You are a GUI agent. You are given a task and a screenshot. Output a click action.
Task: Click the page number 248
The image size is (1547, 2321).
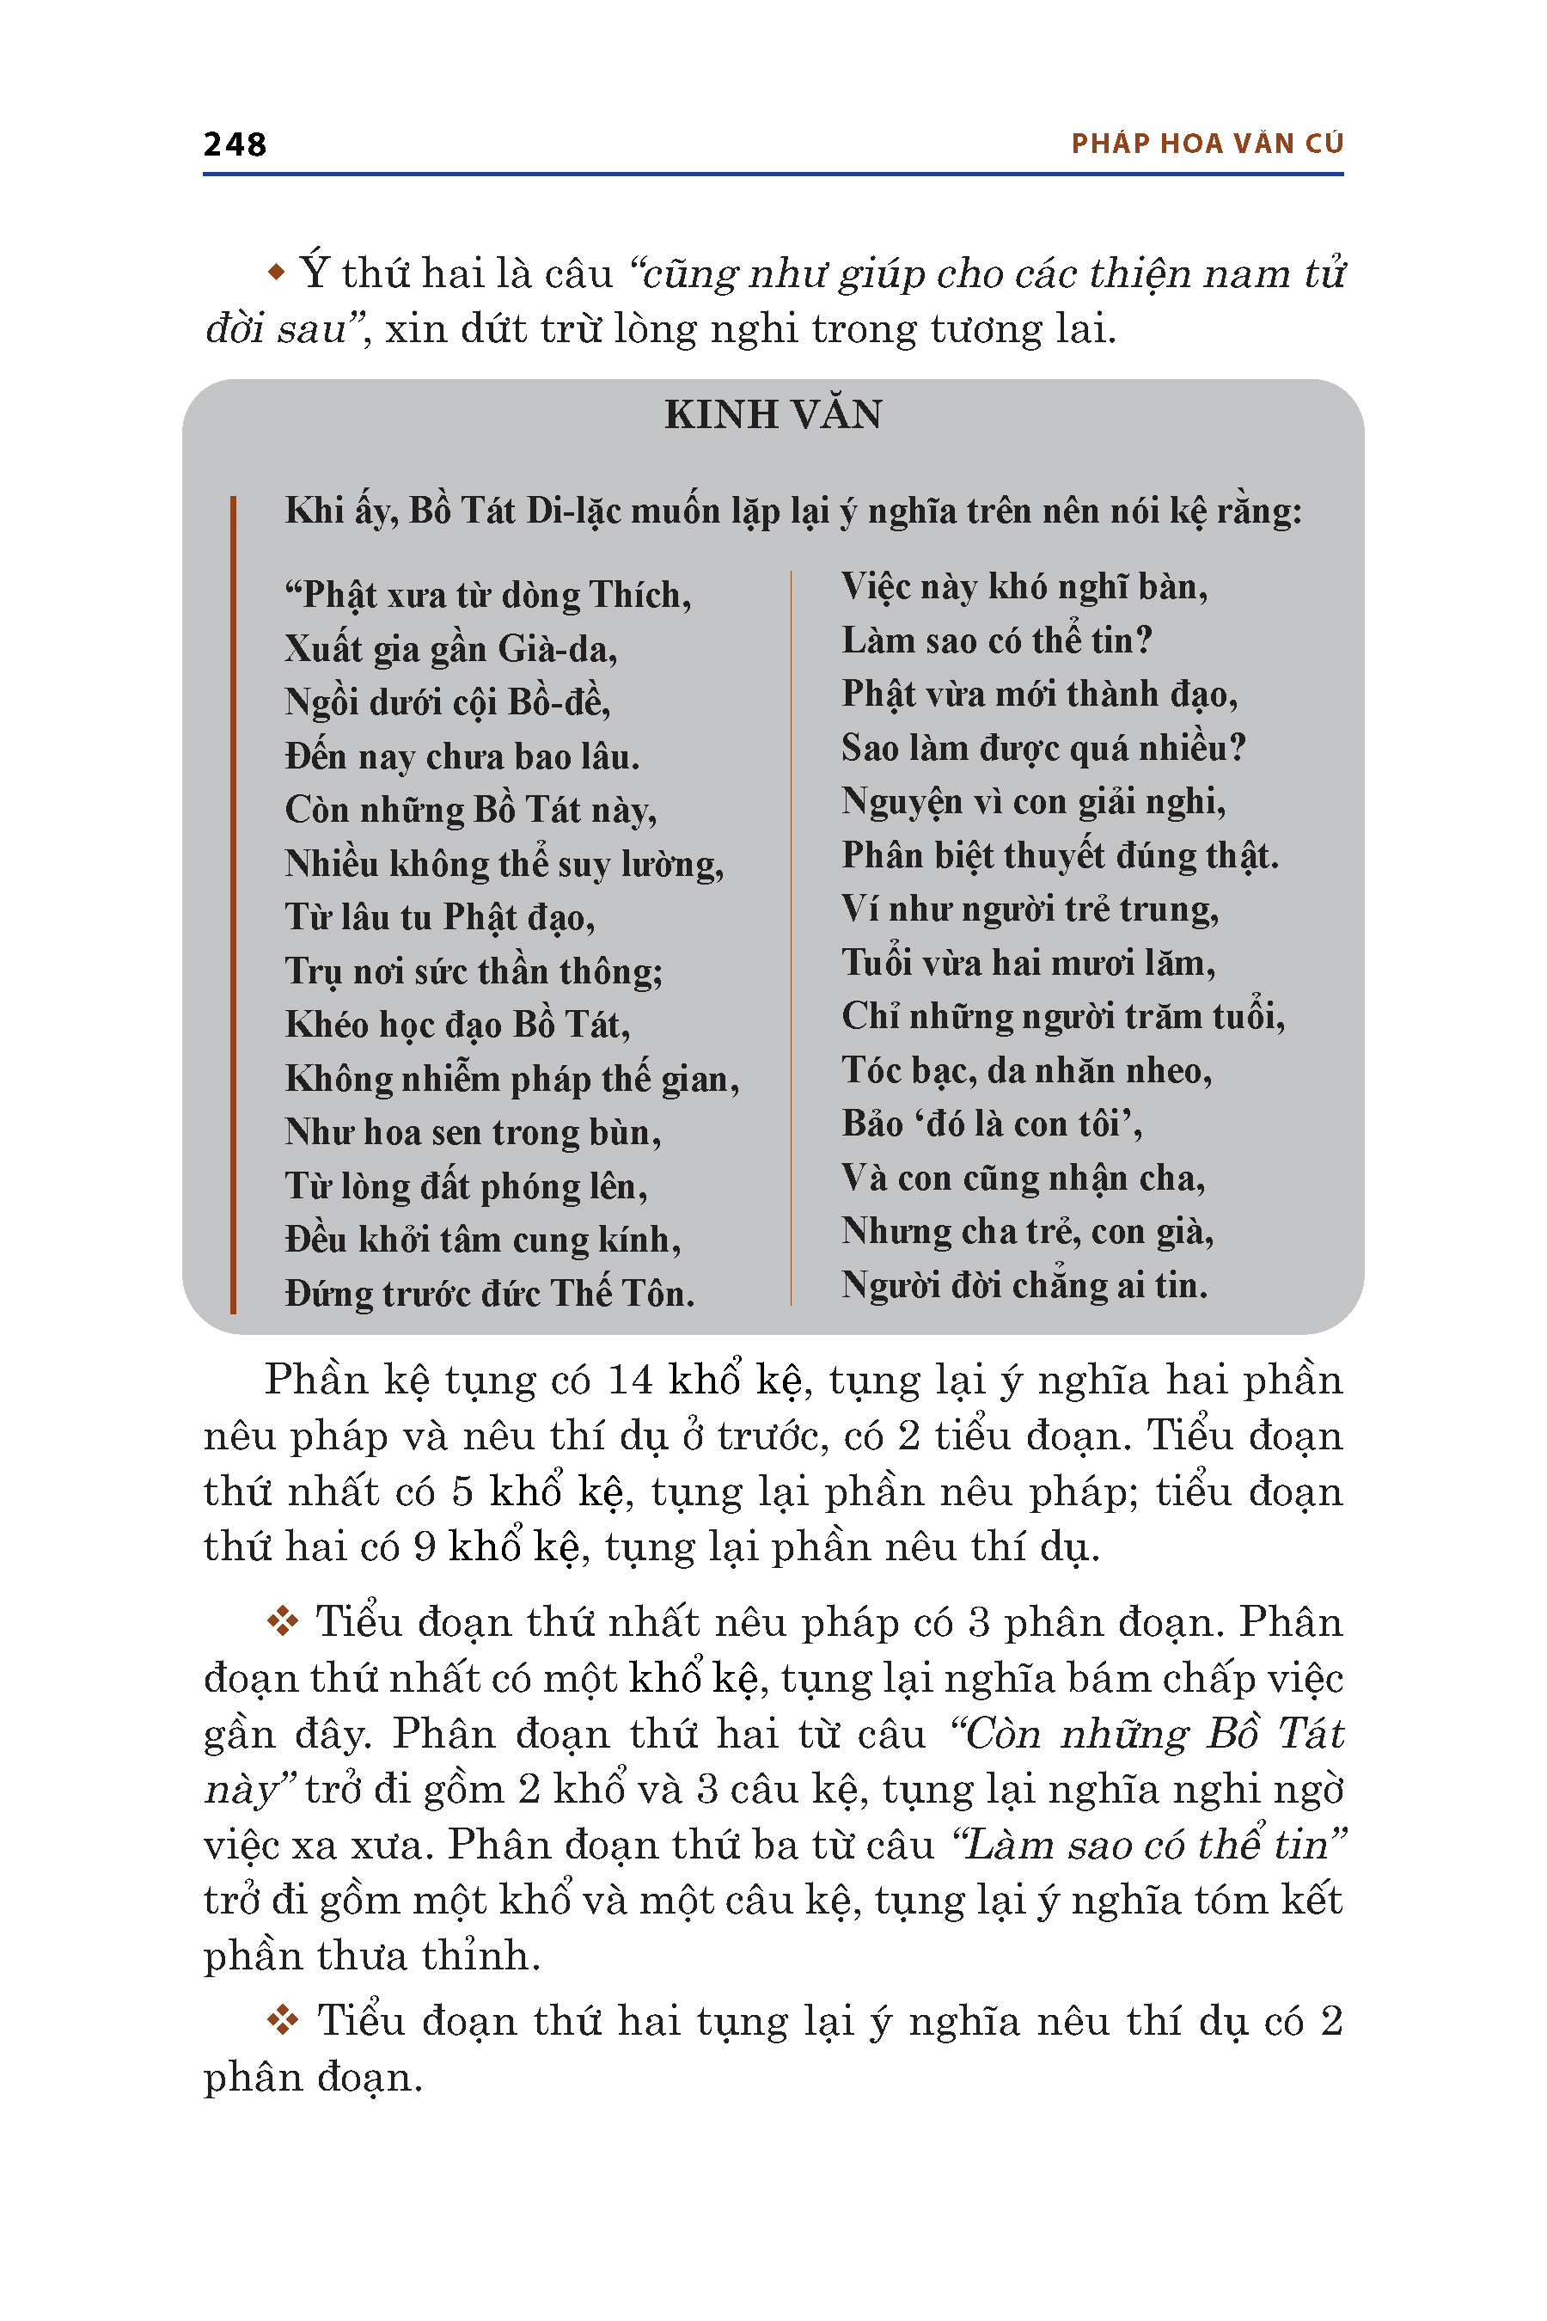click(x=235, y=144)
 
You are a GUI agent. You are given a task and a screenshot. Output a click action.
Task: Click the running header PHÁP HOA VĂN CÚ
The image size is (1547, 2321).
click(x=1207, y=144)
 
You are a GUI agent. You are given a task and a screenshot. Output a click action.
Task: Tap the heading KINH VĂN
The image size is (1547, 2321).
click(x=773, y=414)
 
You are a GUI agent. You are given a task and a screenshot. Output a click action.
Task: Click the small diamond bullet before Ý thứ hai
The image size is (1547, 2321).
click(x=278, y=271)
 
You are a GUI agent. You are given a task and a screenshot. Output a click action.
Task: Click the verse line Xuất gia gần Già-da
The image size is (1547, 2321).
click(x=451, y=649)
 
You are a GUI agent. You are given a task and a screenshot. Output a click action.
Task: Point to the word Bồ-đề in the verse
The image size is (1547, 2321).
click(x=559, y=702)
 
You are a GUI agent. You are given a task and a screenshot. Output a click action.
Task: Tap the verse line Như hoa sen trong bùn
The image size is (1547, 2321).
click(x=473, y=1132)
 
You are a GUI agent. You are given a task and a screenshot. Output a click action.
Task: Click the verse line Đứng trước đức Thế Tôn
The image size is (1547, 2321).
click(x=489, y=1293)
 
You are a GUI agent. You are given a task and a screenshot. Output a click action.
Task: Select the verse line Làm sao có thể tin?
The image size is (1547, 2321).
click(x=996, y=640)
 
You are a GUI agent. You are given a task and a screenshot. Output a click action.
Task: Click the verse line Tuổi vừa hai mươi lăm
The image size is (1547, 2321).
click(x=1028, y=962)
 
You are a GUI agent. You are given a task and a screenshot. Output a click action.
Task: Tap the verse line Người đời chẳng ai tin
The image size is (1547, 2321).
click(x=1024, y=1285)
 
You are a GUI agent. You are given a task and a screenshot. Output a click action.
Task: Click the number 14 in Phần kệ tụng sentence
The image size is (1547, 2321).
click(x=629, y=1381)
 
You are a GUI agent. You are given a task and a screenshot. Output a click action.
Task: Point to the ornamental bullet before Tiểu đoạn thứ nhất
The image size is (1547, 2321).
click(x=283, y=1621)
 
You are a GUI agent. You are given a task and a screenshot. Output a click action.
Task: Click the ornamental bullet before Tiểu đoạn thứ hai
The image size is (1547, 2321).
click(x=283, y=2020)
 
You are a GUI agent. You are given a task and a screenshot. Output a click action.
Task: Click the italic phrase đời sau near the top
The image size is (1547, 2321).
click(x=276, y=328)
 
